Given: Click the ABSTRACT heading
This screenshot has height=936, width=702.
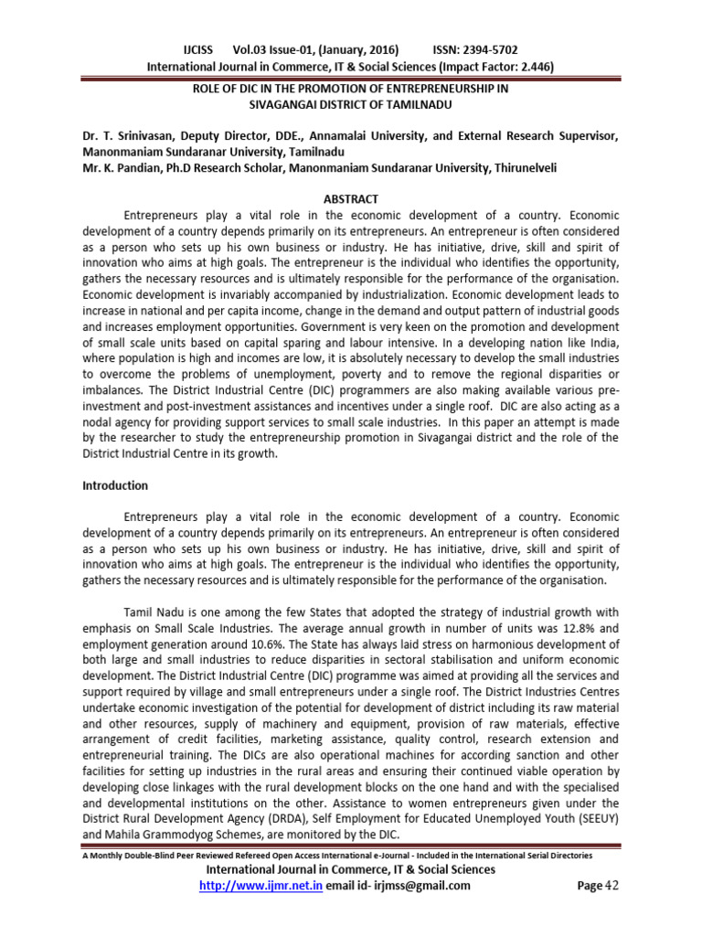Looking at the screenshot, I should click(351, 199).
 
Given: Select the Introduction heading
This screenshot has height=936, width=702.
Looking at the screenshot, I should click(115, 485).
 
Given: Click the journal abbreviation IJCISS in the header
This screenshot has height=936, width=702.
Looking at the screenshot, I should click(201, 50).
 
